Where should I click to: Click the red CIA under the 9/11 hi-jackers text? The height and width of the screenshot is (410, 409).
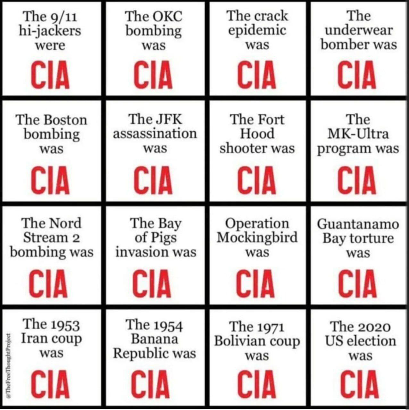[50, 75]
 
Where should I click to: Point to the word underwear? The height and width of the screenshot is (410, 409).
[358, 30]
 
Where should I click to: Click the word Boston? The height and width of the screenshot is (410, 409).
[65, 120]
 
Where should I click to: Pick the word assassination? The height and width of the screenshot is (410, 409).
[155, 134]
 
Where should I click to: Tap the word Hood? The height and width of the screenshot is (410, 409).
[257, 134]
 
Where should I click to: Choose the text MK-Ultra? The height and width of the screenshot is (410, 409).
[358, 134]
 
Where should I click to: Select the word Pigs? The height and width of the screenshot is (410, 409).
[164, 238]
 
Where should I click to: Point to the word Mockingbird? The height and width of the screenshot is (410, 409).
[257, 238]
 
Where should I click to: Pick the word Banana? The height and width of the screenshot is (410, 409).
[155, 339]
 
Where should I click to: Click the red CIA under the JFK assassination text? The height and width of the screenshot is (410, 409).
[153, 180]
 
